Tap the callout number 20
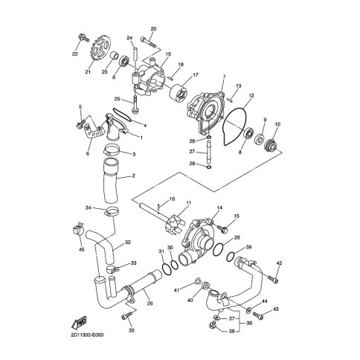[153, 29]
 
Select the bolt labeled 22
[84, 39]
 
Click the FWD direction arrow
[79, 322]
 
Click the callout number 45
[81, 249]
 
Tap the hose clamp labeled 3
[110, 150]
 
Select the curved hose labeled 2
[111, 181]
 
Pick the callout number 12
[251, 96]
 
